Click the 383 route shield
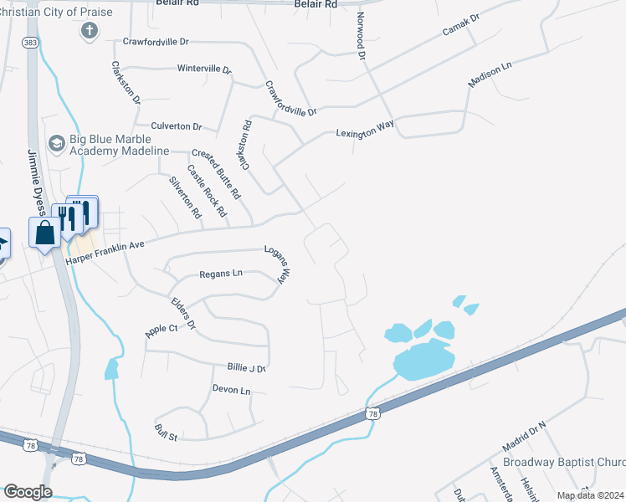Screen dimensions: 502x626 click(31, 42)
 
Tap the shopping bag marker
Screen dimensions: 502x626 click(44, 233)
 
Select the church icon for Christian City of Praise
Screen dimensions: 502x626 click(89, 31)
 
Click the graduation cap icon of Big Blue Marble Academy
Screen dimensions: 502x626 click(56, 143)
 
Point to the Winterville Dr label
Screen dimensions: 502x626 click(204, 69)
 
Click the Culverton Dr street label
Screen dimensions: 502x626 click(177, 126)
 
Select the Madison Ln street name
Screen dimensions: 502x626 click(490, 74)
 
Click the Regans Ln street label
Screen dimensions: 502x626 click(221, 274)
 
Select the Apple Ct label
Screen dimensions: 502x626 click(162, 329)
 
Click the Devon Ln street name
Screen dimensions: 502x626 click(231, 390)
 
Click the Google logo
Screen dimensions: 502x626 click(28, 491)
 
